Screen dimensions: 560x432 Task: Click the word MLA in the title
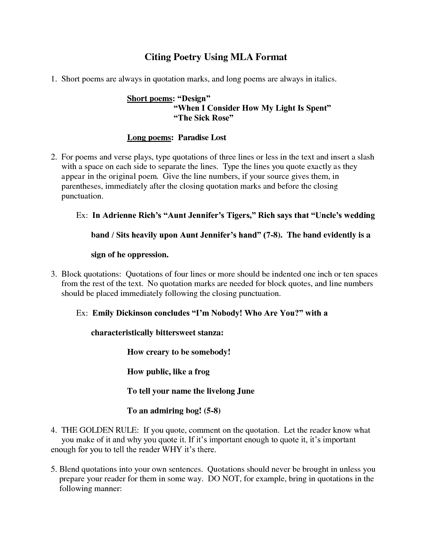(237, 57)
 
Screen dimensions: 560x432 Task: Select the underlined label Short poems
(149, 99)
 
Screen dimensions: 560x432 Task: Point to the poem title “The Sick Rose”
(204, 118)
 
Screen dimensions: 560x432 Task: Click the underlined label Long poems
(149, 138)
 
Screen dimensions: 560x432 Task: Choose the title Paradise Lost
(202, 138)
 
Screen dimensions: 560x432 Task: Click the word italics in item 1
(325, 79)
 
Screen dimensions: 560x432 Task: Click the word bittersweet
(176, 333)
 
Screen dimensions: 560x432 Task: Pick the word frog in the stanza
(202, 372)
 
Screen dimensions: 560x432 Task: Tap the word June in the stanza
(246, 391)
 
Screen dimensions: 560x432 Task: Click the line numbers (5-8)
(212, 411)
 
